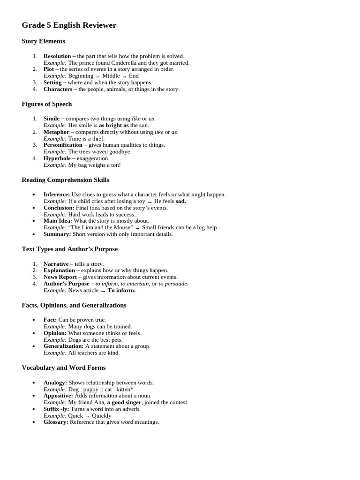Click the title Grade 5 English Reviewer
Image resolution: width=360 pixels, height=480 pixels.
pos(69,25)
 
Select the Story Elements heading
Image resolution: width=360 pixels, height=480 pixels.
pos(43,41)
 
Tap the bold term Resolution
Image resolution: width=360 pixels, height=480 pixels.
pos(57,56)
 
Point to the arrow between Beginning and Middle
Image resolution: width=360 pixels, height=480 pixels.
pos(98,76)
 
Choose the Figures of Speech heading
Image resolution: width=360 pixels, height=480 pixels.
pos(46,104)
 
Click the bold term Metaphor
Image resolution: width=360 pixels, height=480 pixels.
pos(57,132)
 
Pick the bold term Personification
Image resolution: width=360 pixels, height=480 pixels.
pos(63,145)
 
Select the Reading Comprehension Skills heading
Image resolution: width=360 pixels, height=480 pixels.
pos(65,180)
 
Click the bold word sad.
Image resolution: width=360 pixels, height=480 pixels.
pos(181,201)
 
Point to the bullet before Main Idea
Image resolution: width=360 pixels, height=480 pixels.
pos(34,221)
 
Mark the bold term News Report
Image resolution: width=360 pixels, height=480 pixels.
pos(60,277)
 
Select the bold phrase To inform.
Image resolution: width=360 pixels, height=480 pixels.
pos(121,290)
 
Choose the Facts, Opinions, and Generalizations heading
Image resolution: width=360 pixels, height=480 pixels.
pos(74,305)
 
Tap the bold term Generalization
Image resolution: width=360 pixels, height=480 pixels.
pos(64,346)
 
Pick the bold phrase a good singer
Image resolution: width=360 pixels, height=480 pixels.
pos(124,402)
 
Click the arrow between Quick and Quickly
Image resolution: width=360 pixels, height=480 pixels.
pos(87,416)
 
